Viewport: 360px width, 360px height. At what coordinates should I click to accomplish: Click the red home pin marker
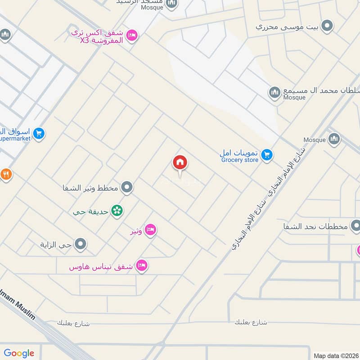[x=180, y=163]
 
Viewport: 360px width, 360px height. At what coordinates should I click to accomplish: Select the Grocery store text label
[x=239, y=160]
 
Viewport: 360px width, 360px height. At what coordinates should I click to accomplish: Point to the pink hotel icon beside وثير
[x=151, y=229]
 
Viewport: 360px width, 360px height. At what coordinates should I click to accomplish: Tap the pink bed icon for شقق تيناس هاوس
[x=142, y=265]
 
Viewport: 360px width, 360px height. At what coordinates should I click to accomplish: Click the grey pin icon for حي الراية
[x=81, y=244]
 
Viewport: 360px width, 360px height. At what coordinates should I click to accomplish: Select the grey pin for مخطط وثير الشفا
[x=127, y=187]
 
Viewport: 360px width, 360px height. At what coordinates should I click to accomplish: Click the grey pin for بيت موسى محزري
[x=328, y=26]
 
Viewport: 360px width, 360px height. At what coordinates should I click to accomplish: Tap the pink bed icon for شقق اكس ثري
[x=132, y=34]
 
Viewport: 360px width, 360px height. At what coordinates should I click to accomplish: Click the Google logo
[x=19, y=353]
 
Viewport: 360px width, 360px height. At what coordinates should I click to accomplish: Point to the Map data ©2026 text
[x=335, y=355]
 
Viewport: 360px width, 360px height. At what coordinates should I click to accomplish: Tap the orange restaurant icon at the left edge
[x=5, y=174]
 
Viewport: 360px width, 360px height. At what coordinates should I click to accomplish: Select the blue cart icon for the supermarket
[x=39, y=133]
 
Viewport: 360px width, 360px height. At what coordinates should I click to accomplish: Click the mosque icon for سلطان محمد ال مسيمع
[x=274, y=93]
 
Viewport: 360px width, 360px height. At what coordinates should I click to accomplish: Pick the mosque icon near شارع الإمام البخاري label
[x=334, y=139]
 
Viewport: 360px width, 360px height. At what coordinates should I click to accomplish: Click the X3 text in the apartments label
[x=85, y=41]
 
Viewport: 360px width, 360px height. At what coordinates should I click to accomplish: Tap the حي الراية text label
[x=56, y=245]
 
